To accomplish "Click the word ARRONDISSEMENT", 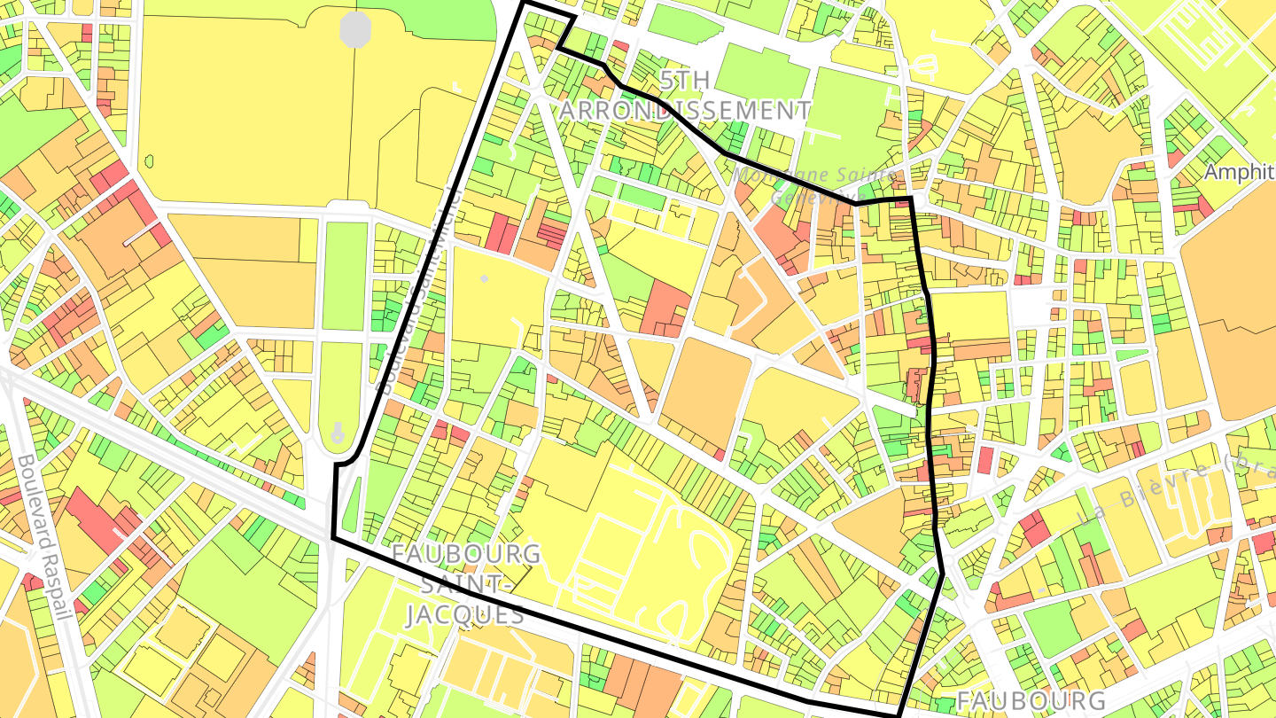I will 685,111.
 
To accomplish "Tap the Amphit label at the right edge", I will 1239,172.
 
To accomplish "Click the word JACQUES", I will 465,614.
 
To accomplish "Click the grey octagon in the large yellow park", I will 355,29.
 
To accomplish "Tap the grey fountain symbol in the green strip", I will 338,433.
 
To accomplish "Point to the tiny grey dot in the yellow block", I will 484,279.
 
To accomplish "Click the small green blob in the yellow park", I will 149,161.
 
